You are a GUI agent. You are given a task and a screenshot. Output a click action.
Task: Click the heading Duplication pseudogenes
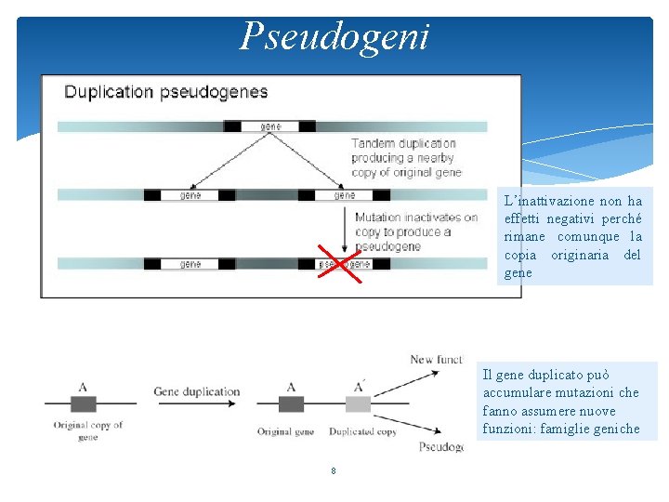click(165, 92)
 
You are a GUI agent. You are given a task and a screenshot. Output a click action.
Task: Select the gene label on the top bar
click(269, 126)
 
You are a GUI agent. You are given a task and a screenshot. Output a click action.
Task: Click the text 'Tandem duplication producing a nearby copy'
click(405, 158)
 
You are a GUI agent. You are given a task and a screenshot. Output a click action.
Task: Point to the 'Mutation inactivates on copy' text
click(415, 231)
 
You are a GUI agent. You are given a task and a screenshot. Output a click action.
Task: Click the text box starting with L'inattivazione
click(572, 236)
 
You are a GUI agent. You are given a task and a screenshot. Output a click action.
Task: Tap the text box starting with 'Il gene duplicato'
click(561, 402)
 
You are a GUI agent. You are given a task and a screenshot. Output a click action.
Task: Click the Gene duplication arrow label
click(196, 392)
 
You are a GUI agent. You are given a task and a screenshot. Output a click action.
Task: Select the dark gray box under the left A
click(83, 403)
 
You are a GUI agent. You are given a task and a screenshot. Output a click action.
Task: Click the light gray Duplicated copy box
click(358, 403)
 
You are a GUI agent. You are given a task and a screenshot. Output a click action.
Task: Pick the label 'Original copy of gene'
click(87, 430)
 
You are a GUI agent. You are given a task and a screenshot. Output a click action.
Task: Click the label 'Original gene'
click(285, 431)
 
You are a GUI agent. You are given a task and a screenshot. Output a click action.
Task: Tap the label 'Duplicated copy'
click(361, 431)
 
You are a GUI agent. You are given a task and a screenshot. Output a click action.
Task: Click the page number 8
click(333, 471)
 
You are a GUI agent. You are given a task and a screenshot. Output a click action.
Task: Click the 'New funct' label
click(436, 360)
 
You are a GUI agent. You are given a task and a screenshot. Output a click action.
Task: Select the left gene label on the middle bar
click(190, 195)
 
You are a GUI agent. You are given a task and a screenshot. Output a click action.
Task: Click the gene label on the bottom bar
click(190, 264)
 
